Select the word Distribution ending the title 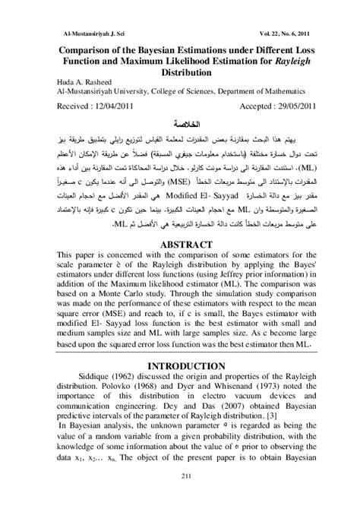click(180, 75)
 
